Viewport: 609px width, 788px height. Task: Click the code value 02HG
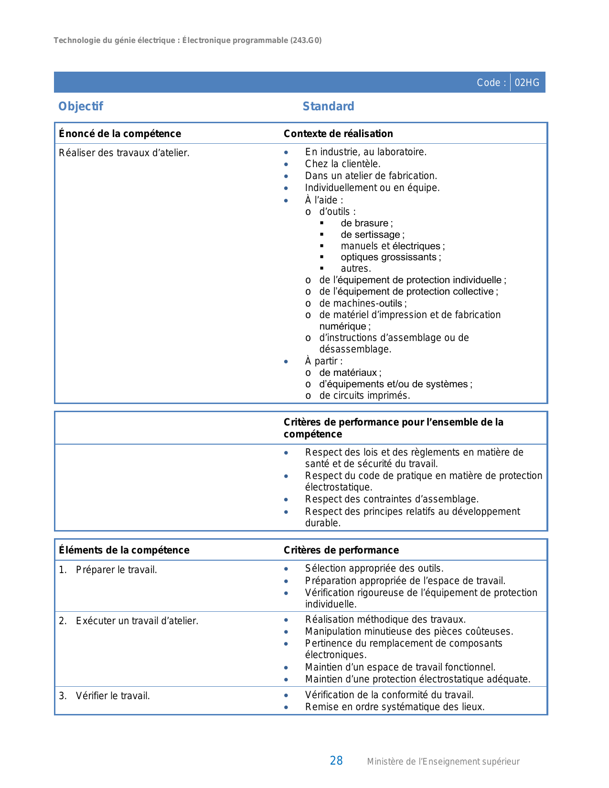coord(527,83)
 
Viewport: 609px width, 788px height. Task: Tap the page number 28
coord(336,761)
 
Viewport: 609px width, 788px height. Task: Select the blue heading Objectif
coord(80,106)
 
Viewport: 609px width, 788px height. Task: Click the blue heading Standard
coord(328,106)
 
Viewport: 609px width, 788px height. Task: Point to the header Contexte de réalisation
coord(338,134)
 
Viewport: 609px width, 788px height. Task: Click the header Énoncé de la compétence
coord(120,134)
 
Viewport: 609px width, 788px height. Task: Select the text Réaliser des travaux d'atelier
coord(124,153)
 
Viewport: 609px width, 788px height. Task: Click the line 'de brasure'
coord(366,223)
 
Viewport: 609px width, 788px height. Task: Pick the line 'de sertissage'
coord(372,234)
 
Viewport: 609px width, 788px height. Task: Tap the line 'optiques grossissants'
coord(390,257)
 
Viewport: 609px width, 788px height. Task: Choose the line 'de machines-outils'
coord(363,303)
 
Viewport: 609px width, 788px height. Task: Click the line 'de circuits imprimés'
coord(364,395)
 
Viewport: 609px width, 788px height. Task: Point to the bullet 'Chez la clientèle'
coord(342,164)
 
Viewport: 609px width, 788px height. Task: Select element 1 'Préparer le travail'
coord(116,570)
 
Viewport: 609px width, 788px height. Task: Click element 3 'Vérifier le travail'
coord(113,696)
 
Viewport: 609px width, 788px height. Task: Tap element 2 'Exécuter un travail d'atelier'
coord(137,621)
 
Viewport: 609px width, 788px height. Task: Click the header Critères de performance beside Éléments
coord(341,550)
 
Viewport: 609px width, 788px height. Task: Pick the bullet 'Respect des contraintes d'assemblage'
coord(392,499)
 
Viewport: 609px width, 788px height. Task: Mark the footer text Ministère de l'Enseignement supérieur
coord(443,762)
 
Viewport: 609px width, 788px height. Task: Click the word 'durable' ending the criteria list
coord(322,523)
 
